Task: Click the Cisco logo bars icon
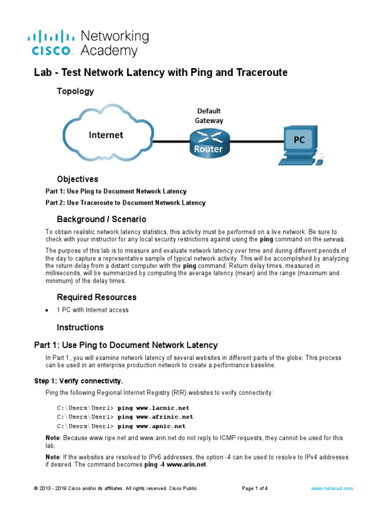(50, 36)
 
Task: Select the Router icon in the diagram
(209, 142)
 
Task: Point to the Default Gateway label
(209, 115)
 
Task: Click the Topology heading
(75, 91)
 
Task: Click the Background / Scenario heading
(101, 219)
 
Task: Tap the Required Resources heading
(96, 297)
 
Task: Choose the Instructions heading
(80, 327)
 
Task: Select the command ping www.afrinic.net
(155, 417)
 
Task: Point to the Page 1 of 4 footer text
(255, 488)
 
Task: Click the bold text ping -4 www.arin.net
(175, 465)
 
